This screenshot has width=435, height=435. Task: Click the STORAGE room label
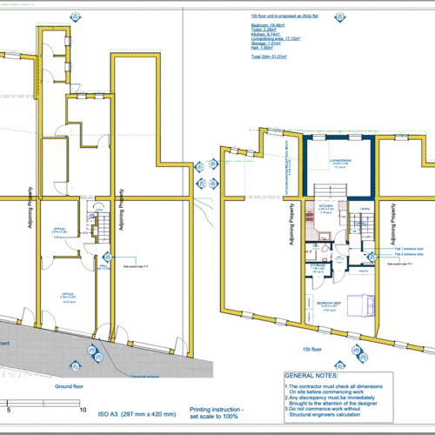318,265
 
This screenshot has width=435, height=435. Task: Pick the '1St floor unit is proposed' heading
280,16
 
